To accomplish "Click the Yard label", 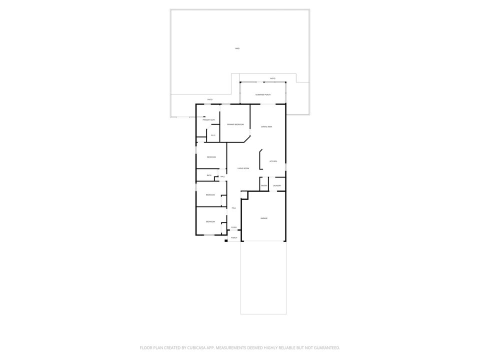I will (x=237, y=48).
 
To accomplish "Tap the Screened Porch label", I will (x=263, y=94).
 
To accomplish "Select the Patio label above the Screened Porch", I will (x=272, y=78).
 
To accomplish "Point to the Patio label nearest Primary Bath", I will (x=210, y=99).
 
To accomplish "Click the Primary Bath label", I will (x=209, y=120).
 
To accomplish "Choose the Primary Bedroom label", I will (x=235, y=124).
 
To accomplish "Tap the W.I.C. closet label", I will (x=212, y=135).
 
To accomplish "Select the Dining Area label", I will (x=266, y=127).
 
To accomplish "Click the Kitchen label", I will (x=273, y=161).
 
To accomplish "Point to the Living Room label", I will (x=243, y=168).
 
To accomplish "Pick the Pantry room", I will (x=264, y=186).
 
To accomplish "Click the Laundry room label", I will (x=277, y=186).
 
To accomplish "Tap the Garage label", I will (x=263, y=218).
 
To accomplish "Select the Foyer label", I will (x=233, y=227).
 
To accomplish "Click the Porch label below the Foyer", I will (x=234, y=237).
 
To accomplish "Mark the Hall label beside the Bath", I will (x=222, y=176).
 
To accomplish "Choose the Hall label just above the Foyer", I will (x=233, y=208).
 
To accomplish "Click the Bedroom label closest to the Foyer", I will (x=210, y=221).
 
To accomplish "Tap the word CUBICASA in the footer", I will (x=192, y=347).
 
